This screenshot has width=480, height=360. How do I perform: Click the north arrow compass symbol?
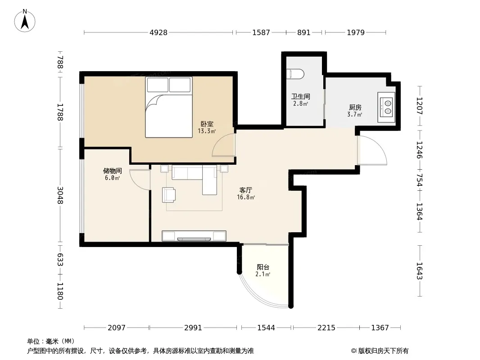[25, 21]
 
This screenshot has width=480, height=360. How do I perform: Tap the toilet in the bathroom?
[295, 74]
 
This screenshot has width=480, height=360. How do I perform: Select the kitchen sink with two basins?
[386, 108]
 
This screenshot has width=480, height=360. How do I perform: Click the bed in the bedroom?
[169, 107]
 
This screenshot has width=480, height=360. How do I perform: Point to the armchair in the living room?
[169, 195]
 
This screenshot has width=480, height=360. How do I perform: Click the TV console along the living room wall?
[194, 236]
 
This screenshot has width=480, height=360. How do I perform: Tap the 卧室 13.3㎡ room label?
[207, 127]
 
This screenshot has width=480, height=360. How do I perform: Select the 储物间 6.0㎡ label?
[113, 174]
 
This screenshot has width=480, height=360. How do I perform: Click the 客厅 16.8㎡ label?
[246, 193]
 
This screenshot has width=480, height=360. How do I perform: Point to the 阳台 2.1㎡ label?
[263, 270]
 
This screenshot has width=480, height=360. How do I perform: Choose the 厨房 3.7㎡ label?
[355, 111]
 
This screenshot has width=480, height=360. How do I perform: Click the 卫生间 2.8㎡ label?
[301, 100]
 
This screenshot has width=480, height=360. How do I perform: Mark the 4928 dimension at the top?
[158, 32]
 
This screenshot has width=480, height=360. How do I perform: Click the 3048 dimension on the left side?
[60, 195]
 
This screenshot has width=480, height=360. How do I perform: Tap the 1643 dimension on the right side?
[419, 271]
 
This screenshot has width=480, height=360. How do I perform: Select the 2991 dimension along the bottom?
[193, 328]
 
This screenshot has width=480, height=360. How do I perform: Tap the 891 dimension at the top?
[303, 32]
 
